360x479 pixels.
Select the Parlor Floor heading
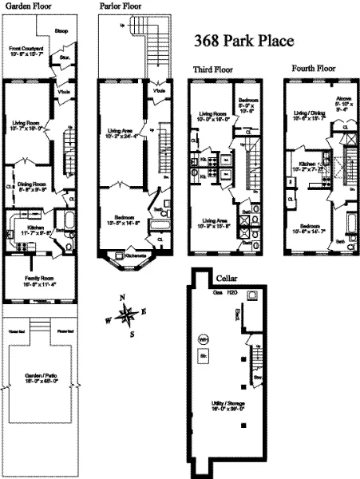pos(120,5)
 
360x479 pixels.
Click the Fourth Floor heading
pos(312,70)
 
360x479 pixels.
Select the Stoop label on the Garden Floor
pos(61,33)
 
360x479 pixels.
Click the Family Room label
pos(37,277)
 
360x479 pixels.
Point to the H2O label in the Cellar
pos(232,295)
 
